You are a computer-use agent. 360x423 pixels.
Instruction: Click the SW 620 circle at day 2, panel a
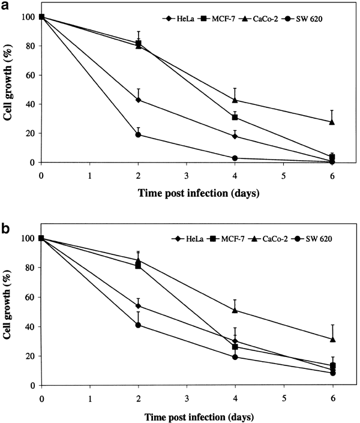[x=138, y=134]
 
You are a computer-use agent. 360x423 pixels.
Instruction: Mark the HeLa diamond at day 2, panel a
[x=138, y=100]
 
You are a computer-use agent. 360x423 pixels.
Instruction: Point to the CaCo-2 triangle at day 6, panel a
[x=332, y=122]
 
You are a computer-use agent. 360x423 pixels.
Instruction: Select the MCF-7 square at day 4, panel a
[x=235, y=117]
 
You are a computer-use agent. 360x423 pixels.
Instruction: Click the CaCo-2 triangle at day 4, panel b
[x=235, y=310]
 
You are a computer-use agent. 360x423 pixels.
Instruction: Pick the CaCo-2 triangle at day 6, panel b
[x=332, y=339]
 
